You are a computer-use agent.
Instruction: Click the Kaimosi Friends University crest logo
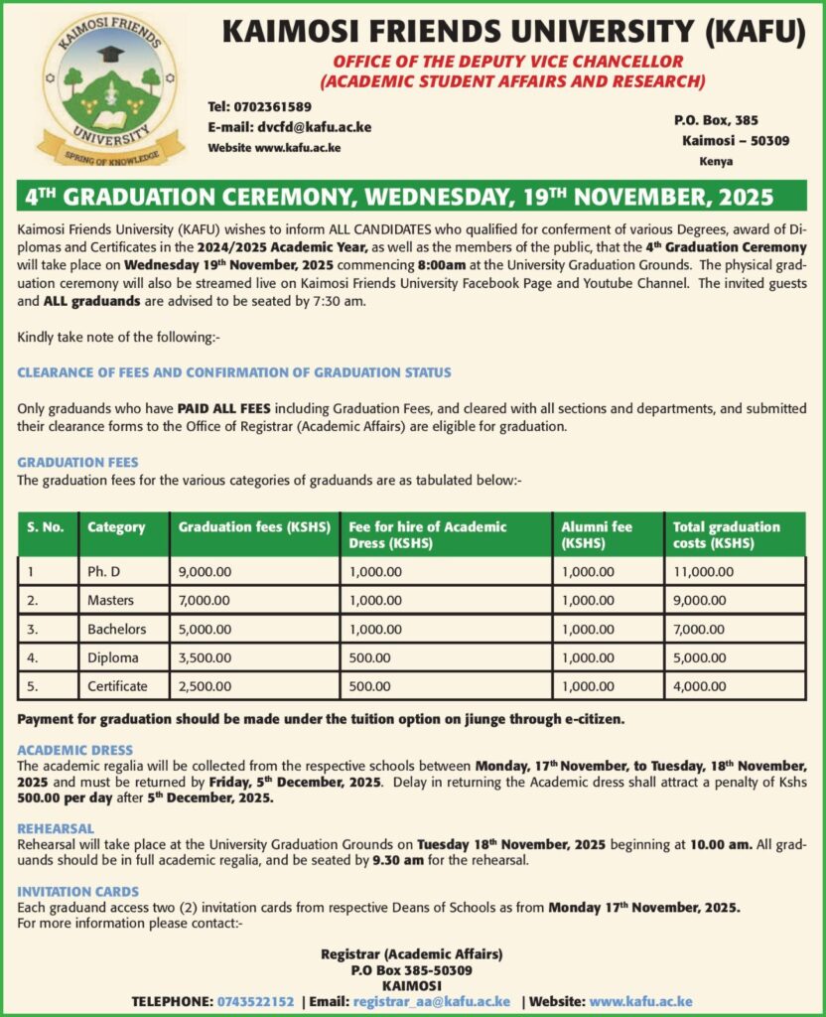[111, 90]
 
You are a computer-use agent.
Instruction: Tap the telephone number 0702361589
[273, 107]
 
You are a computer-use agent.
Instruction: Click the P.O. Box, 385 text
[716, 120]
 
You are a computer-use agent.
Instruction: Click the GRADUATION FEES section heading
[77, 463]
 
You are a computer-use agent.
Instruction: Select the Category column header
[116, 527]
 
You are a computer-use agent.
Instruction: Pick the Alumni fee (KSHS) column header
[597, 534]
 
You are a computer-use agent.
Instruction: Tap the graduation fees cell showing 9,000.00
[205, 572]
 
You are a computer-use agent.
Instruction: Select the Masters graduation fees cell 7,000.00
[205, 601]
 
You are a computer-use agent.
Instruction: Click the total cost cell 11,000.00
[704, 572]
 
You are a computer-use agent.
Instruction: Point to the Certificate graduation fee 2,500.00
[205, 686]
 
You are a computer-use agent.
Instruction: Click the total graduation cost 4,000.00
[701, 686]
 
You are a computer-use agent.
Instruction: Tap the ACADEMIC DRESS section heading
[75, 751]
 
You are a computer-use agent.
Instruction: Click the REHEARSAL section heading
[56, 828]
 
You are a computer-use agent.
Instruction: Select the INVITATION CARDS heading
[78, 892]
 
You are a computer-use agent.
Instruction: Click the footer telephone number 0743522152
[255, 1002]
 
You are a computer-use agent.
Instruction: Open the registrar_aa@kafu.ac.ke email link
[432, 1002]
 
